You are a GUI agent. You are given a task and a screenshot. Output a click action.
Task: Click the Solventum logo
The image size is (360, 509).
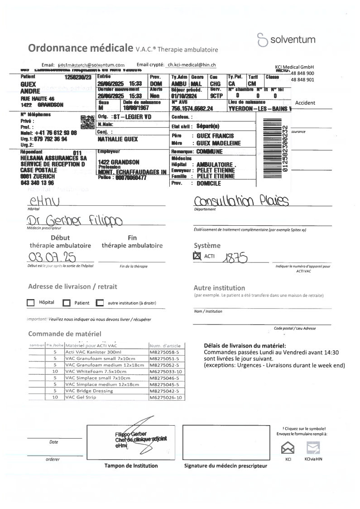point(286,40)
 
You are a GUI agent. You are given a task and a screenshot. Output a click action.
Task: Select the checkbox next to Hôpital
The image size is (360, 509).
point(31,302)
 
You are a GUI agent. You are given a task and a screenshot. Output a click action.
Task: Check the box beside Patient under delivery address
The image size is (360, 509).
point(67,303)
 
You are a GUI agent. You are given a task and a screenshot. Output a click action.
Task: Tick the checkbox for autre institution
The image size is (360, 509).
point(100,302)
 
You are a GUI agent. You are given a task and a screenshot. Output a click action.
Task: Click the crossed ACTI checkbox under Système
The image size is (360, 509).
point(197,257)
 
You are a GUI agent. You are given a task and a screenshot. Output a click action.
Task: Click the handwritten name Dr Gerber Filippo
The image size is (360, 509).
point(74,222)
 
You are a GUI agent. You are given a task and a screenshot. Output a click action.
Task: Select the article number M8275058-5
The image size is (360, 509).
point(165,351)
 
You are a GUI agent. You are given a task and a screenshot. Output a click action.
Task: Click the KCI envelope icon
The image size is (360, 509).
point(288,448)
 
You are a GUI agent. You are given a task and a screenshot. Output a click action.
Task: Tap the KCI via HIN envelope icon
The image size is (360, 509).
point(313,448)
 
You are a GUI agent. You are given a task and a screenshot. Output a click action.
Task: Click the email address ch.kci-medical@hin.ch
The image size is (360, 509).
point(192,65)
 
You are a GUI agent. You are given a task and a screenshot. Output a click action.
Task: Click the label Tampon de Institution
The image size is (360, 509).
point(131,465)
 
